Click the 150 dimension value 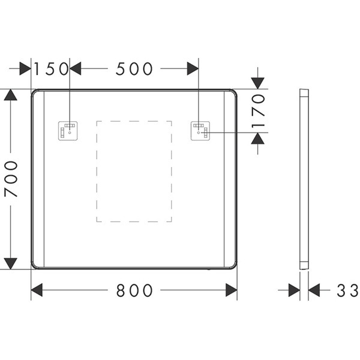[x=51, y=68]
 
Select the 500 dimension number [x=134, y=68]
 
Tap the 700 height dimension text [x=11, y=179]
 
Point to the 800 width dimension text [x=134, y=290]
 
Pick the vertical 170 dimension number [x=258, y=111]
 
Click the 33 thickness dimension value [x=347, y=290]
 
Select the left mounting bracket [x=68, y=131]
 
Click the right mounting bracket [x=200, y=131]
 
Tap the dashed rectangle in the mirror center [x=97, y=171]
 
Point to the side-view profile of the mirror [x=304, y=179]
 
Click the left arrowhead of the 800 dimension [x=37, y=290]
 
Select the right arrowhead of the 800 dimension [x=232, y=290]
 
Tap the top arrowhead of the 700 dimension [x=11, y=95]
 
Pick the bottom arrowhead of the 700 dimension [x=11, y=263]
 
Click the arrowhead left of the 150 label [x=25, y=68]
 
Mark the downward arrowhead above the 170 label [x=257, y=83]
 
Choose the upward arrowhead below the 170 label [x=257, y=138]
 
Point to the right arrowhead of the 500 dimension [x=193, y=68]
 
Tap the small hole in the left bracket [x=70, y=133]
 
